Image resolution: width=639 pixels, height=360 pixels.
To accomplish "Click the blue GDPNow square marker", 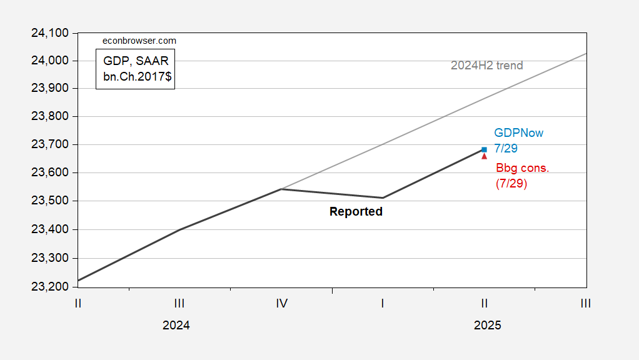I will [x=485, y=149].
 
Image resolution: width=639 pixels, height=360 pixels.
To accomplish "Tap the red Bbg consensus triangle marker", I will [x=485, y=156].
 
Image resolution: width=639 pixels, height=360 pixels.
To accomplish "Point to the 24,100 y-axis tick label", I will [x=53, y=32].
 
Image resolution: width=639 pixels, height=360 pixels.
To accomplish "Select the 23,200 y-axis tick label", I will [x=53, y=287].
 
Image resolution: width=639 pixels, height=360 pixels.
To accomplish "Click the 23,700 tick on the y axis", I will [x=53, y=145].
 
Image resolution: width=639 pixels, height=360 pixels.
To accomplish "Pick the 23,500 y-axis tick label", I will [x=53, y=201].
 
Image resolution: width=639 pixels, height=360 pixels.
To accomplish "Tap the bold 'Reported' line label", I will [x=356, y=212].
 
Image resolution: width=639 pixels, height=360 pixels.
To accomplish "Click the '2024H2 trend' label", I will [x=486, y=66].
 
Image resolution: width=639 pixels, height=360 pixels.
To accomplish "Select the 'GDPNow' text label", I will [x=518, y=133].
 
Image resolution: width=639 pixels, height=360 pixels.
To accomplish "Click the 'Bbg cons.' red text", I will [x=522, y=168].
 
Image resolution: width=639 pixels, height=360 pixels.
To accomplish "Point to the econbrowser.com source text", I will [x=139, y=41].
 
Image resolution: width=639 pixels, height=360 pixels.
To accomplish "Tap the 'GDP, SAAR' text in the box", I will [x=135, y=61].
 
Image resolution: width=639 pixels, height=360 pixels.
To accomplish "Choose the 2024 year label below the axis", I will [x=176, y=326].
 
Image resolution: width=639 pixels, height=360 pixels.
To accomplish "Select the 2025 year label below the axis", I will [x=487, y=326].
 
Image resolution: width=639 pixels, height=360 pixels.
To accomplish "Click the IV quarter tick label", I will [x=281, y=304].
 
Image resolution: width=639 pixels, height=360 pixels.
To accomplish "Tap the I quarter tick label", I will [x=383, y=304].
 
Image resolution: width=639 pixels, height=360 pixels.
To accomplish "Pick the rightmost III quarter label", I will [x=585, y=304].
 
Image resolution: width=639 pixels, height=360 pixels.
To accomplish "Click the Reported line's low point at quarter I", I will [x=383, y=197].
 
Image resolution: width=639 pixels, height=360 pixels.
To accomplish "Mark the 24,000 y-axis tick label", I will [x=53, y=61].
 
